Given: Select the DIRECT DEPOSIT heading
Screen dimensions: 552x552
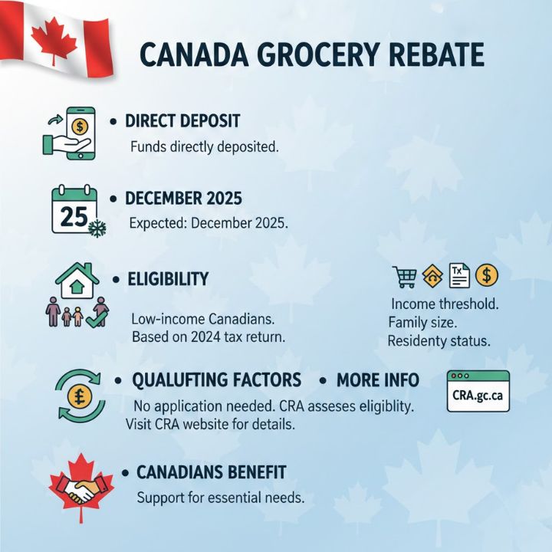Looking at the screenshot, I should coord(182,121).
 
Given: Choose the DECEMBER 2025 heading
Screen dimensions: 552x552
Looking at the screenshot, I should coord(183,199).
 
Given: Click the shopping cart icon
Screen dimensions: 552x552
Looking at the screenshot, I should coord(403,276).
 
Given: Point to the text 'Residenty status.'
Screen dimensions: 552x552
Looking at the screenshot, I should coord(439,340).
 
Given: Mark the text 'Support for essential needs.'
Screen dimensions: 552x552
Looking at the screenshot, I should coord(221,497).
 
